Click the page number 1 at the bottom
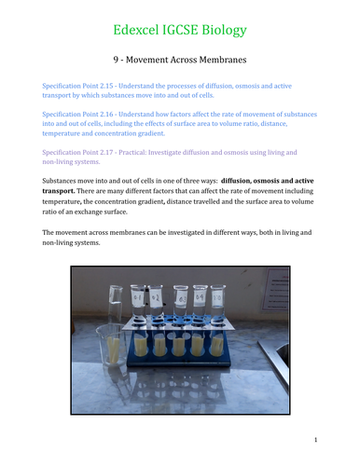tap(316, 439)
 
